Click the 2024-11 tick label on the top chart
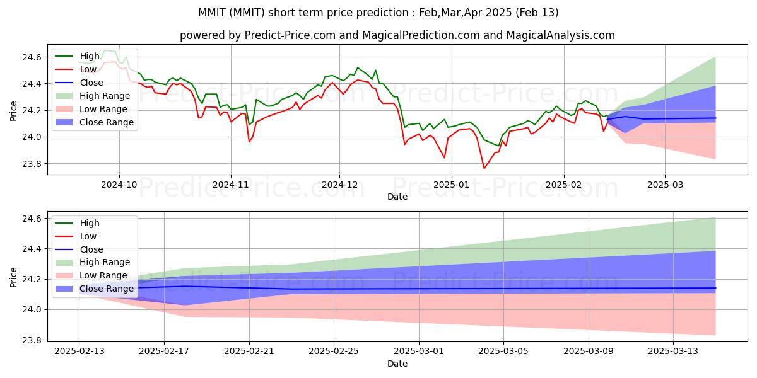pyautogui.click(x=231, y=185)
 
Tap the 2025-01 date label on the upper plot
pyautogui.click(x=452, y=185)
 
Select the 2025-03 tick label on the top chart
pyautogui.click(x=665, y=185)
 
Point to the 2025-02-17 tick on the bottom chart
pyautogui.click(x=164, y=352)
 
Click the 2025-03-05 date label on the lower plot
pyautogui.click(x=503, y=352)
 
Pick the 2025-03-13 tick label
pyautogui.click(x=673, y=352)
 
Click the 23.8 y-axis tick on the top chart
pyautogui.click(x=32, y=164)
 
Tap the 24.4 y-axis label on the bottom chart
pyautogui.click(x=32, y=249)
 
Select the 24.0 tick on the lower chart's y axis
pyautogui.click(x=32, y=310)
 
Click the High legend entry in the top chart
pyautogui.click(x=78, y=56)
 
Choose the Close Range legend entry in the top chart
pyautogui.click(x=94, y=122)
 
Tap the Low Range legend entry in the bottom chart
pyautogui.click(x=91, y=275)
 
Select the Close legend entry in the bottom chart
pyautogui.click(x=79, y=249)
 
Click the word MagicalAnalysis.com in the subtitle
pyautogui.click(x=560, y=35)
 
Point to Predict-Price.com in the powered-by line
pyautogui.click(x=290, y=35)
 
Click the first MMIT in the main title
pyautogui.click(x=211, y=13)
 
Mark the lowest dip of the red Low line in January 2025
pyautogui.click(x=484, y=168)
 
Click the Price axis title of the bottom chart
pyautogui.click(x=13, y=277)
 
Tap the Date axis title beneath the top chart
pyautogui.click(x=397, y=197)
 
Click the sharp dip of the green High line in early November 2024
pyautogui.click(x=249, y=125)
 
